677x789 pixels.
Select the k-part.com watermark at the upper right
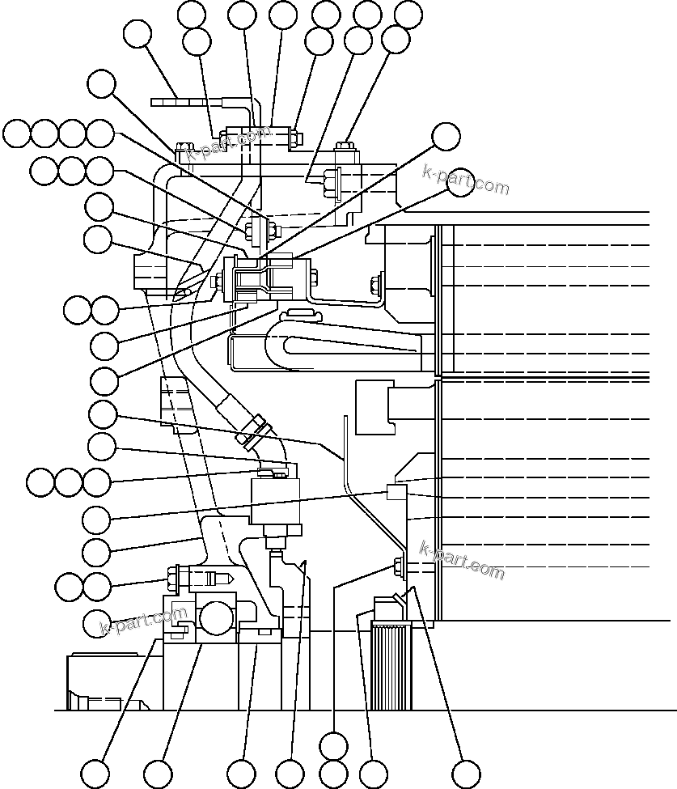(466, 180)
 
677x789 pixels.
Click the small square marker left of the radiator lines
(396, 491)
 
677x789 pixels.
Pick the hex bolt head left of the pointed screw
(173, 578)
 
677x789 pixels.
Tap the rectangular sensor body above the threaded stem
(275, 501)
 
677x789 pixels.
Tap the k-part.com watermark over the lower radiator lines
(462, 561)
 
